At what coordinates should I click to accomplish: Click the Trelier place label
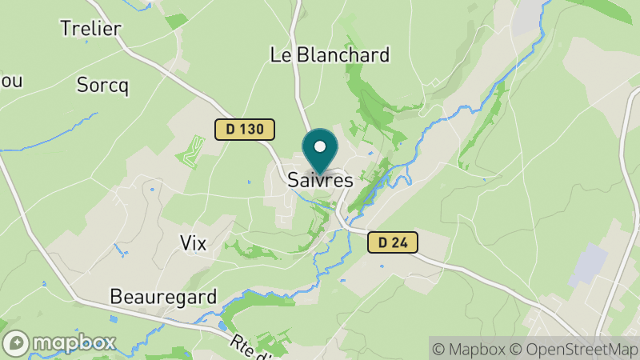(90, 29)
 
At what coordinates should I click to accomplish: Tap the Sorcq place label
(102, 86)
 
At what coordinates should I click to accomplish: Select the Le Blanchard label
(330, 55)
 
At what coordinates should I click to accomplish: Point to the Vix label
(194, 244)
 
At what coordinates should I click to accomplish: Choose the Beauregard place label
(163, 298)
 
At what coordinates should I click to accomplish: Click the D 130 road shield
(245, 129)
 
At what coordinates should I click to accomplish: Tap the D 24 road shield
(394, 242)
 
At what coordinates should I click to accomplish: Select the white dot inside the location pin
(321, 147)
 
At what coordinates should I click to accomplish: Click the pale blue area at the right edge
(590, 266)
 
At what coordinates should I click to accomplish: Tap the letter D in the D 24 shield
(382, 242)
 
